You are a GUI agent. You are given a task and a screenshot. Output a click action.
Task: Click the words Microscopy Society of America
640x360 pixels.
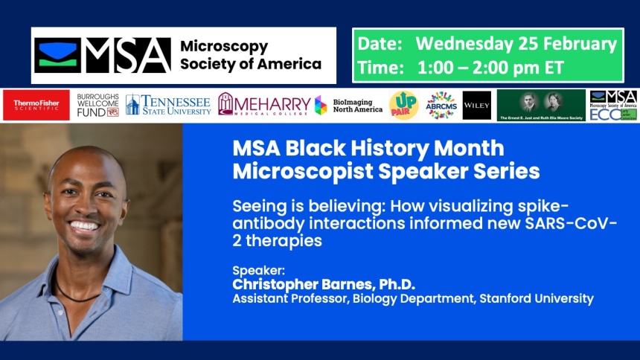click(251, 55)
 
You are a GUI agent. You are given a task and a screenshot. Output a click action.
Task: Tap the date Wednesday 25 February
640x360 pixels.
click(516, 44)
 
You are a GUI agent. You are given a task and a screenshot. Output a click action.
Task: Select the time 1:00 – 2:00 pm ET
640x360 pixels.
click(492, 66)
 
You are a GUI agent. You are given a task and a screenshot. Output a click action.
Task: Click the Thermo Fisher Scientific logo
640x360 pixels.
click(36, 106)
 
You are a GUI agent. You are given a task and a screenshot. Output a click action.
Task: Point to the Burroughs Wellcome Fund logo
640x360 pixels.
click(97, 106)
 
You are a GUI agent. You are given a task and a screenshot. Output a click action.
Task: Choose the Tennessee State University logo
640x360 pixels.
click(169, 105)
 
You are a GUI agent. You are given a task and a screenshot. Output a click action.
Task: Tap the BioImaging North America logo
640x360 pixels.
click(348, 105)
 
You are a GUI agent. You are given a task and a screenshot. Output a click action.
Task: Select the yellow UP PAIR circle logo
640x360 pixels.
click(403, 105)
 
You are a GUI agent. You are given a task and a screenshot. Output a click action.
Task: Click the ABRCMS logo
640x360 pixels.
click(441, 105)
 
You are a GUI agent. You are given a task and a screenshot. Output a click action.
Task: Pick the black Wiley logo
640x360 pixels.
click(476, 106)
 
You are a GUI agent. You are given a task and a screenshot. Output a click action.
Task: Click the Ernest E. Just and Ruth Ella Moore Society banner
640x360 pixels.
click(541, 105)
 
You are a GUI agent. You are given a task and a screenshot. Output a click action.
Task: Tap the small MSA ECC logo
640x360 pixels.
click(613, 106)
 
